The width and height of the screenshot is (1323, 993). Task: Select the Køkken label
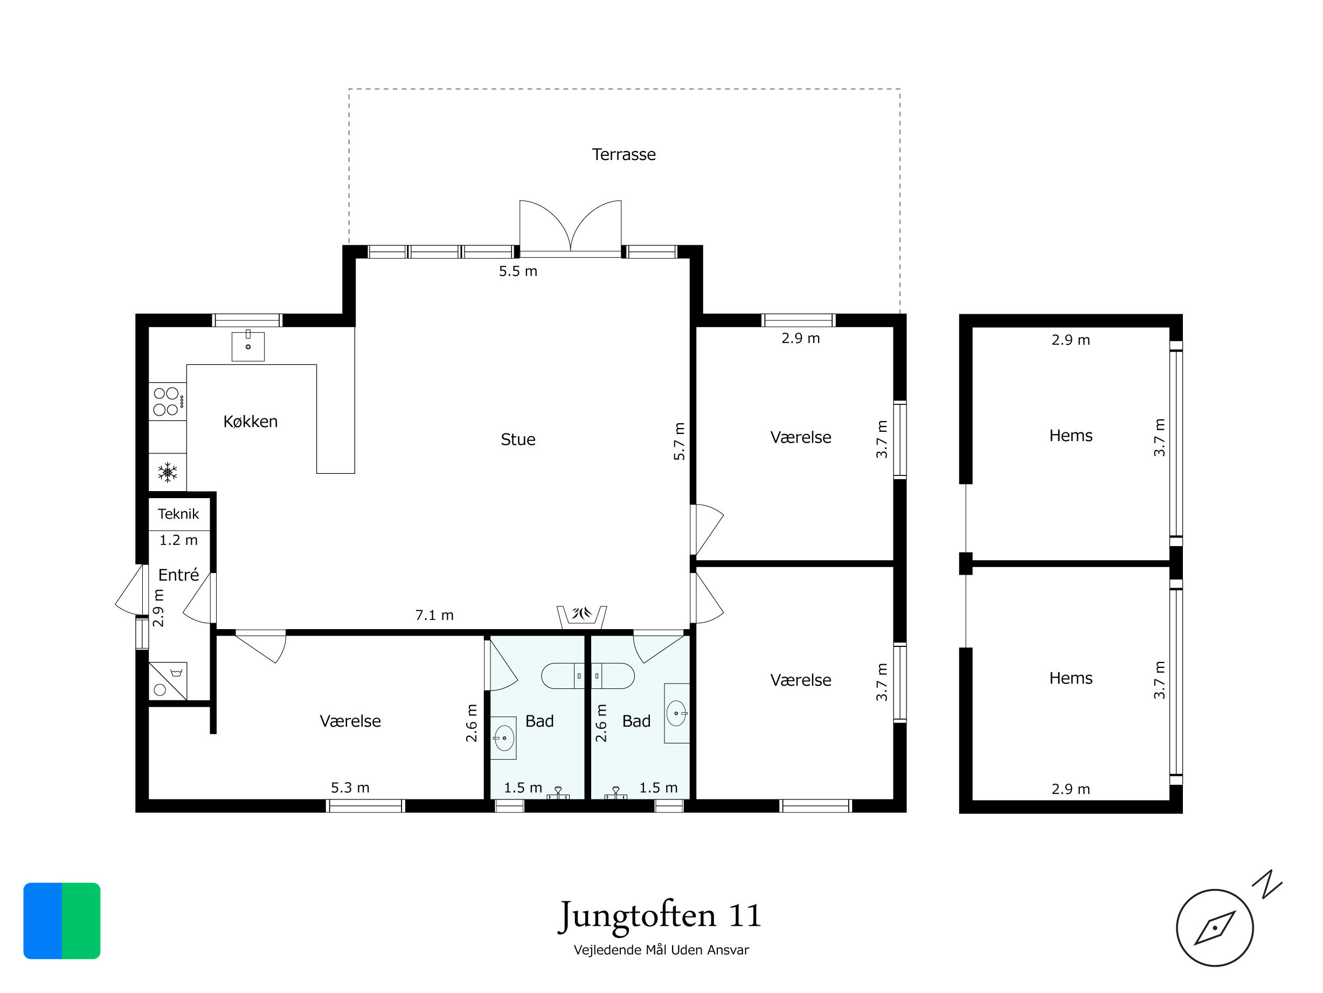pos(250,421)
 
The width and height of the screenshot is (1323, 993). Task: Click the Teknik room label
pos(178,513)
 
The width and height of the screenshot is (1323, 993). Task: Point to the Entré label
pos(178,574)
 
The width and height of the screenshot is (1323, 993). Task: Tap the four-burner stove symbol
pos(168,402)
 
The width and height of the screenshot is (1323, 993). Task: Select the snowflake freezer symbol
pos(168,473)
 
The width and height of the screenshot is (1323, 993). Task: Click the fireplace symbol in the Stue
pos(581,617)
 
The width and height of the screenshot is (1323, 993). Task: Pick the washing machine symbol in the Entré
pos(168,681)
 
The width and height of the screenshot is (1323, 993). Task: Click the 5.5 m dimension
pos(518,271)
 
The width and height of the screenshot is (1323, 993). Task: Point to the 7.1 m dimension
pos(434,615)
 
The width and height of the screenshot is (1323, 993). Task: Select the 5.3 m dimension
pos(350,787)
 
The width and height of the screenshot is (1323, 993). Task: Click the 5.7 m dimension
pos(679,442)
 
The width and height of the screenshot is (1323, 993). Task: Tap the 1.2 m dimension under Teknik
pos(178,540)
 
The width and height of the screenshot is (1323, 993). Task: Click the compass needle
pos(1215,928)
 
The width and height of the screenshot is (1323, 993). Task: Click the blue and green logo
pos(61,921)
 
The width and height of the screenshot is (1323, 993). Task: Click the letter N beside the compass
pos(1267,885)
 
